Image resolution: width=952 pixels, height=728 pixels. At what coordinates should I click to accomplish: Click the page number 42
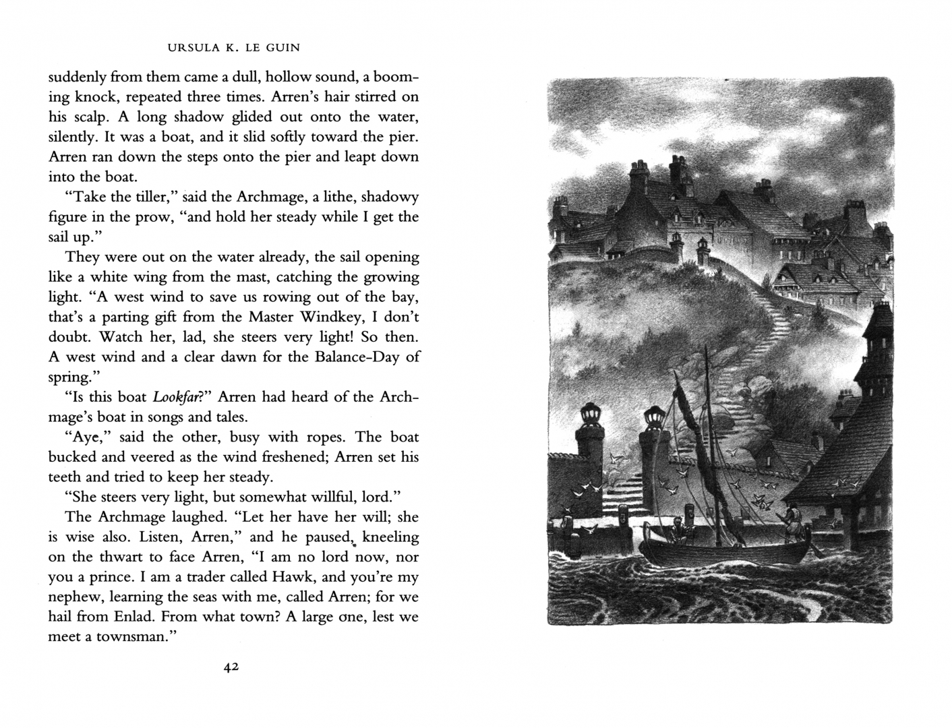(231, 667)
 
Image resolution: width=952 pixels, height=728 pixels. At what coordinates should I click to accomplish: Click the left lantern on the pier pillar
(591, 413)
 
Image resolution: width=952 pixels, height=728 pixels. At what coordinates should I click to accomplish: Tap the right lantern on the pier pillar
(653, 418)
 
